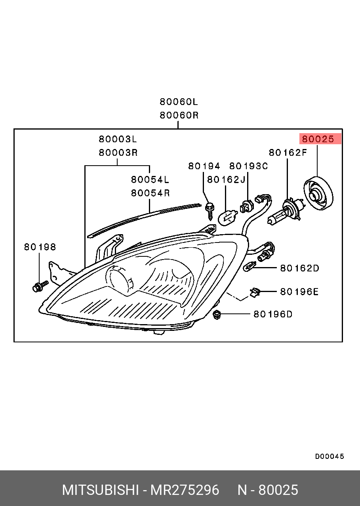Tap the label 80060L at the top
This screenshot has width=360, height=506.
tap(179, 102)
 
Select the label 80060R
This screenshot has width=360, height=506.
tap(179, 115)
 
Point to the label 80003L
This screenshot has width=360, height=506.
tap(118, 139)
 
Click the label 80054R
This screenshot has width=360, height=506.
tap(150, 193)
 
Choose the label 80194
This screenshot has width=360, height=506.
tap(204, 166)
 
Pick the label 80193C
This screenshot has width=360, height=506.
tap(248, 166)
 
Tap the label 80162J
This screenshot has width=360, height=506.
tap(226, 179)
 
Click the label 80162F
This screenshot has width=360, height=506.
tap(288, 153)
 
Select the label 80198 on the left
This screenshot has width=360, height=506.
tap(40, 247)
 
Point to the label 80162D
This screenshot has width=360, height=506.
tap(299, 268)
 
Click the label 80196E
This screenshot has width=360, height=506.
tap(299, 292)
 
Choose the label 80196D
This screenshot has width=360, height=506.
tap(272, 314)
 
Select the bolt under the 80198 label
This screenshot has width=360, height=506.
tap(39, 286)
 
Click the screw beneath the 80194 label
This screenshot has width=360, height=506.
tap(210, 210)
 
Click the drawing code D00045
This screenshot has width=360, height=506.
tap(330, 456)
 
